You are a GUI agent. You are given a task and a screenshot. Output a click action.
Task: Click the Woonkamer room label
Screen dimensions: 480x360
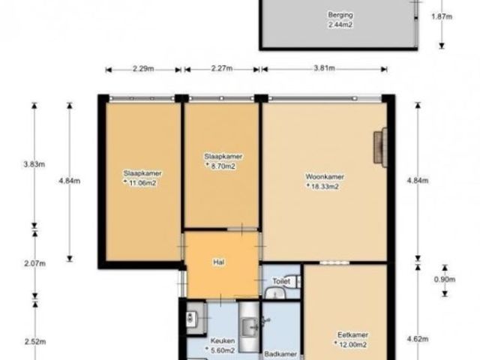pyautogui.click(x=325, y=177)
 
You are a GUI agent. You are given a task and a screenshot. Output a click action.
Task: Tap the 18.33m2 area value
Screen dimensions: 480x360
pyautogui.click(x=325, y=187)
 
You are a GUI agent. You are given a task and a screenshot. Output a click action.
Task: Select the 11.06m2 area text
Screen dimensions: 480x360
pyautogui.click(x=142, y=183)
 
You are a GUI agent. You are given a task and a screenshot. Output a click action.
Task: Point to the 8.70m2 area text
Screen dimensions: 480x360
pyautogui.click(x=223, y=166)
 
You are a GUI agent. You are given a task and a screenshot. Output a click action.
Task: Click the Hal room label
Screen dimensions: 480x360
pyautogui.click(x=219, y=262)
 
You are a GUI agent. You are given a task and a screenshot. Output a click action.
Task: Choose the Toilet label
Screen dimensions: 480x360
pyautogui.click(x=281, y=281)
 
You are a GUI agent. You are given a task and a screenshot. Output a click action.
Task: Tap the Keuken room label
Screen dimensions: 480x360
pyautogui.click(x=223, y=340)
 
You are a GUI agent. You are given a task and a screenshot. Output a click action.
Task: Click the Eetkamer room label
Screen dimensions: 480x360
pyautogui.click(x=352, y=335)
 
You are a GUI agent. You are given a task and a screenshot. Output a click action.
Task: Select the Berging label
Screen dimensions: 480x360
pyautogui.click(x=340, y=15)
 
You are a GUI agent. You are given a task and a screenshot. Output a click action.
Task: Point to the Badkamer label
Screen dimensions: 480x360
pyautogui.click(x=280, y=354)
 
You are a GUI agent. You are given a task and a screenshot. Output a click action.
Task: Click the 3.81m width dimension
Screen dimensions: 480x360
pyautogui.click(x=324, y=68)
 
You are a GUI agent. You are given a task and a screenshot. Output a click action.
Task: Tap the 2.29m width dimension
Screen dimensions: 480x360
pyautogui.click(x=143, y=68)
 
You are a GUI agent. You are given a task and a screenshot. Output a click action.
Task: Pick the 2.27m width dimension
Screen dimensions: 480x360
pyautogui.click(x=222, y=68)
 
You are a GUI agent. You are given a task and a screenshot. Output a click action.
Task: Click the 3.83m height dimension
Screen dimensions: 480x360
pyautogui.click(x=34, y=164)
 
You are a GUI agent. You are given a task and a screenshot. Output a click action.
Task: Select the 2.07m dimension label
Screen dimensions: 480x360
pyautogui.click(x=35, y=263)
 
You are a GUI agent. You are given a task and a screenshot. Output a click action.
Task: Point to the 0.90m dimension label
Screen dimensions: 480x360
pyautogui.click(x=445, y=279)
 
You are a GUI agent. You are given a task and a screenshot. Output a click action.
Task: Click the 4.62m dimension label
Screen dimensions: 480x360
pyautogui.click(x=418, y=339)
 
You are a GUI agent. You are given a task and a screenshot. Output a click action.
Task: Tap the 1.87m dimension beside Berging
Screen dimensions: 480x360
pyautogui.click(x=442, y=16)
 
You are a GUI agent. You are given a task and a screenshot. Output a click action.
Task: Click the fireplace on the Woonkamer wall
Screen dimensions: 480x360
pyautogui.click(x=380, y=148)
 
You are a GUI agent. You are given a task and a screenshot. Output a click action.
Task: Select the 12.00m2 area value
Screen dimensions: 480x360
pyautogui.click(x=352, y=345)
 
